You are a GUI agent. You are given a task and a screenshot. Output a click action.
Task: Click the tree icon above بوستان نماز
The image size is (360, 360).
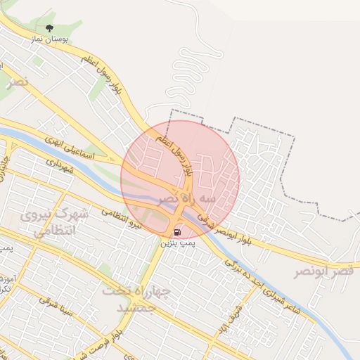tap(49, 29)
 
